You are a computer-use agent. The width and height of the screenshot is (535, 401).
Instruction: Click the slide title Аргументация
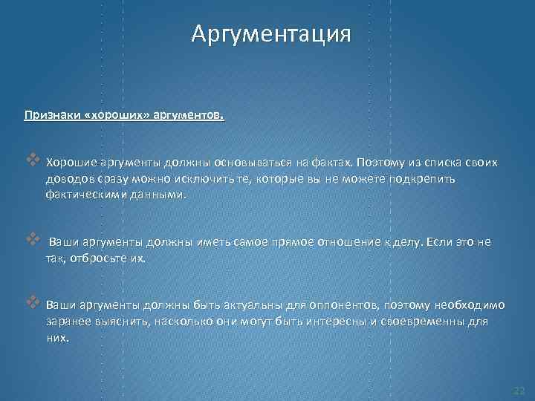tap(269, 34)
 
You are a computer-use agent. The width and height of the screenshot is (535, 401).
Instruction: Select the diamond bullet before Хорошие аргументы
tap(32, 160)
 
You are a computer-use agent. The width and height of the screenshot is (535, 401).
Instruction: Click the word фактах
tap(333, 163)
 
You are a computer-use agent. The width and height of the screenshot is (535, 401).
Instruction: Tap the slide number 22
tap(519, 390)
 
